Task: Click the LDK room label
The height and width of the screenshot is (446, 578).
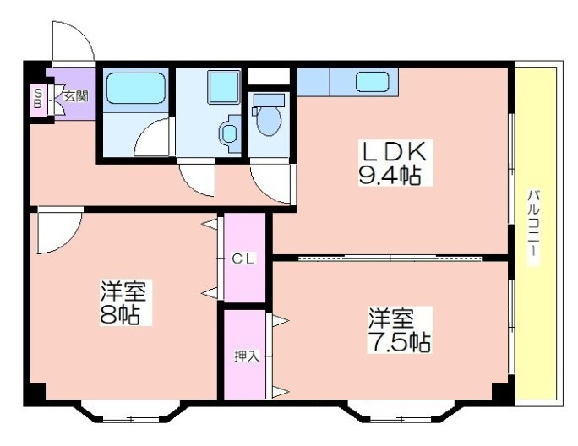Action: (x=395, y=151)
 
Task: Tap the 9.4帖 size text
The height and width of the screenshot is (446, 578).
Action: (x=390, y=176)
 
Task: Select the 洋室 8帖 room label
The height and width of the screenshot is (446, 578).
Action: (x=123, y=302)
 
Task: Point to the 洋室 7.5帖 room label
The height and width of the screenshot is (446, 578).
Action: (x=399, y=330)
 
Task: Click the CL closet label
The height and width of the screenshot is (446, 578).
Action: (x=243, y=258)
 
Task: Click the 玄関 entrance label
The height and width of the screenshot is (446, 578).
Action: (x=76, y=96)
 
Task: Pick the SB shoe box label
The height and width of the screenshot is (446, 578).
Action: (x=37, y=98)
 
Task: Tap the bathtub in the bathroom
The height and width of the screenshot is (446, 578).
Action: (x=136, y=89)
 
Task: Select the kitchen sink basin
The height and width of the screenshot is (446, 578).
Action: (x=373, y=81)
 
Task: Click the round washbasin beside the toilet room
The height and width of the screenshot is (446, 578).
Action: (x=229, y=133)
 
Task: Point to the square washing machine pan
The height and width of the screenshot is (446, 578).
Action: (x=223, y=87)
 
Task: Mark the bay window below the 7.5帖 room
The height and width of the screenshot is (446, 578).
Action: (x=401, y=412)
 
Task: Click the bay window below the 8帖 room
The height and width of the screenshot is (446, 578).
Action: (x=131, y=412)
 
